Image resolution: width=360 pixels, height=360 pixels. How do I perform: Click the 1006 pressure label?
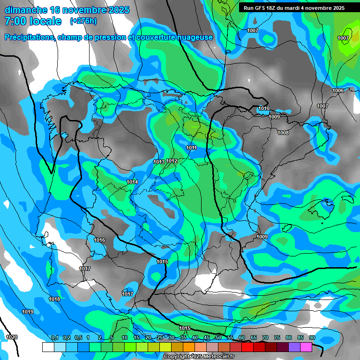pos(338,90)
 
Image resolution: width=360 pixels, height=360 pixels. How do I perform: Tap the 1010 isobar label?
pos(264,108)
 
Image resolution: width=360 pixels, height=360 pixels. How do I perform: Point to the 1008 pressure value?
pos(283,133)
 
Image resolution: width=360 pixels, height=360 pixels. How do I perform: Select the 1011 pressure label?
pos(191,148)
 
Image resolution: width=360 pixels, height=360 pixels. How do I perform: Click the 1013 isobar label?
pos(159,162)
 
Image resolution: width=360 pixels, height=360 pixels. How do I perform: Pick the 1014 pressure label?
pos(132,182)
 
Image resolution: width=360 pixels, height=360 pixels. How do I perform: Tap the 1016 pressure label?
pos(99,240)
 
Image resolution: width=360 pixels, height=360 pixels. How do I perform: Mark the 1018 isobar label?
pos(54,299)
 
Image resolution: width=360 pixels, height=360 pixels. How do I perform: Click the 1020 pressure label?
pos(11,337)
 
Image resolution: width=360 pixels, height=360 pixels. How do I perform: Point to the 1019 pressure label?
pos(28,312)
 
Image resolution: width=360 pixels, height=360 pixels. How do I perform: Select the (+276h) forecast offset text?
pos(84,21)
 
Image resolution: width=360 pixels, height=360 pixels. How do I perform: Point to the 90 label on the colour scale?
pos(312,337)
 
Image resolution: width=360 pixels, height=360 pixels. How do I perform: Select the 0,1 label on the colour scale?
pos(54,337)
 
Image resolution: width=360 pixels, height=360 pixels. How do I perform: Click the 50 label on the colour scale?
pos(218,337)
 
